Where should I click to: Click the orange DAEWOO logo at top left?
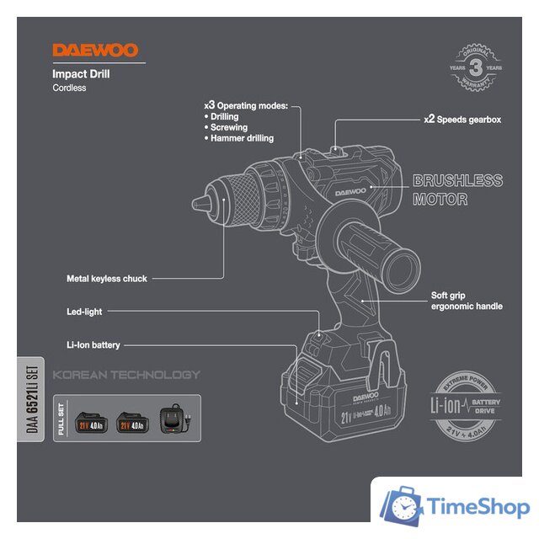95,51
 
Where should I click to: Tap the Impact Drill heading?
81,74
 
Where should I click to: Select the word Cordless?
69,88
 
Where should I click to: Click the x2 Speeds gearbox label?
462,120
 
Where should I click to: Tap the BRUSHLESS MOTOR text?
457,190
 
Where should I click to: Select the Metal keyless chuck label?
108,278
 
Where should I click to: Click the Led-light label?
84,312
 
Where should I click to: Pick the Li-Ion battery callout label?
93,345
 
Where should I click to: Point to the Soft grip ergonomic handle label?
466,301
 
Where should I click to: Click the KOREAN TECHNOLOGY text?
126,375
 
